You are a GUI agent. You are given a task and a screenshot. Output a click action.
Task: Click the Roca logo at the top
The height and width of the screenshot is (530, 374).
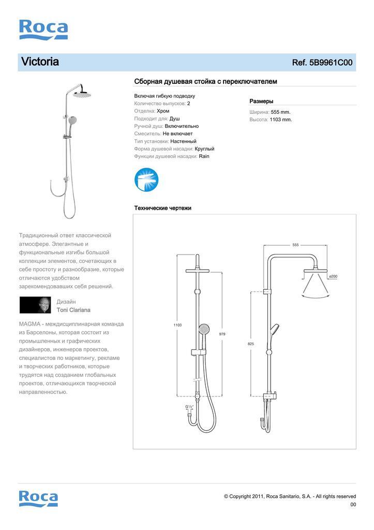(43, 30)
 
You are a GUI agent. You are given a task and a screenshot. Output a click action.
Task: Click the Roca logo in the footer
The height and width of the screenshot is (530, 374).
(38, 498)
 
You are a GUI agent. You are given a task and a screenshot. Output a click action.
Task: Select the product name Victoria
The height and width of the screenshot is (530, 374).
(40, 62)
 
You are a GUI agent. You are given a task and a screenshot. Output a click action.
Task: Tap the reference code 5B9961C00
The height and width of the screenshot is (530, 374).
(331, 63)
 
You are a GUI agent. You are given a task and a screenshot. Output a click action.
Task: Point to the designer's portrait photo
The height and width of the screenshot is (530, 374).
(35, 305)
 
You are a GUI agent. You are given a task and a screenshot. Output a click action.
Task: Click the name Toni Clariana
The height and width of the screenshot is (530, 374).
(73, 310)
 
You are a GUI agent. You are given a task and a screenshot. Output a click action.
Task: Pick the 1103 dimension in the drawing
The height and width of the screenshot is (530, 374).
(177, 325)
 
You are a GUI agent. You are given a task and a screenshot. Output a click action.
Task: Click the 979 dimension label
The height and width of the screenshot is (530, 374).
(222, 334)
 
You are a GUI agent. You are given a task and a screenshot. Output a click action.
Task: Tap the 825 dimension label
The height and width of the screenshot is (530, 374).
(250, 344)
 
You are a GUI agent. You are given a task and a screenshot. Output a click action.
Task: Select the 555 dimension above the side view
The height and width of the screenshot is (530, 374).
(295, 245)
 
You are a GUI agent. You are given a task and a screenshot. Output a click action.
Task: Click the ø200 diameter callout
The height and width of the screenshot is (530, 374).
(333, 277)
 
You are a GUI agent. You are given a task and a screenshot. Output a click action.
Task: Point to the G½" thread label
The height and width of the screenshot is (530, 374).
(189, 407)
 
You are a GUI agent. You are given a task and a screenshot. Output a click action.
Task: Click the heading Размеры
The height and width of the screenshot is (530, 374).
(261, 101)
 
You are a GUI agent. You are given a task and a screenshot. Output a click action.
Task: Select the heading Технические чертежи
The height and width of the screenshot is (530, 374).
(162, 208)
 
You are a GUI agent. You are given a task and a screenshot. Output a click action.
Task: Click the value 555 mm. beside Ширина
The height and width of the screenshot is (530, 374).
(281, 112)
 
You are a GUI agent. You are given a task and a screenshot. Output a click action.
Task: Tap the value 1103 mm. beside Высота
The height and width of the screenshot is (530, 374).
(281, 120)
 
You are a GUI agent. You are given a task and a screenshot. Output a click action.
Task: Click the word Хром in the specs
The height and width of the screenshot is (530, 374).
(163, 111)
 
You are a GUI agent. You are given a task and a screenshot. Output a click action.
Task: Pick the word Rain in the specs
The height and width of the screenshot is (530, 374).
(204, 156)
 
